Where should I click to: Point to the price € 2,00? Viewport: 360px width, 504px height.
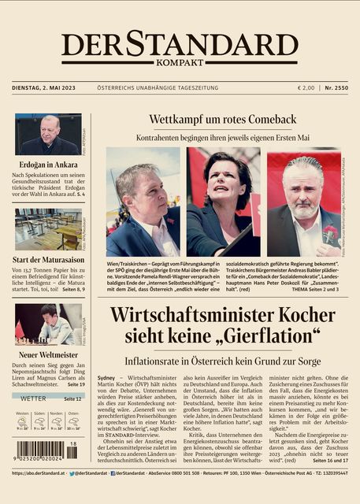(x=306, y=87)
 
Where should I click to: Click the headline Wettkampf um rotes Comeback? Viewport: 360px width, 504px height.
(x=223, y=119)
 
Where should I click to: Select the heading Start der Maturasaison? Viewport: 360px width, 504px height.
(x=47, y=261)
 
